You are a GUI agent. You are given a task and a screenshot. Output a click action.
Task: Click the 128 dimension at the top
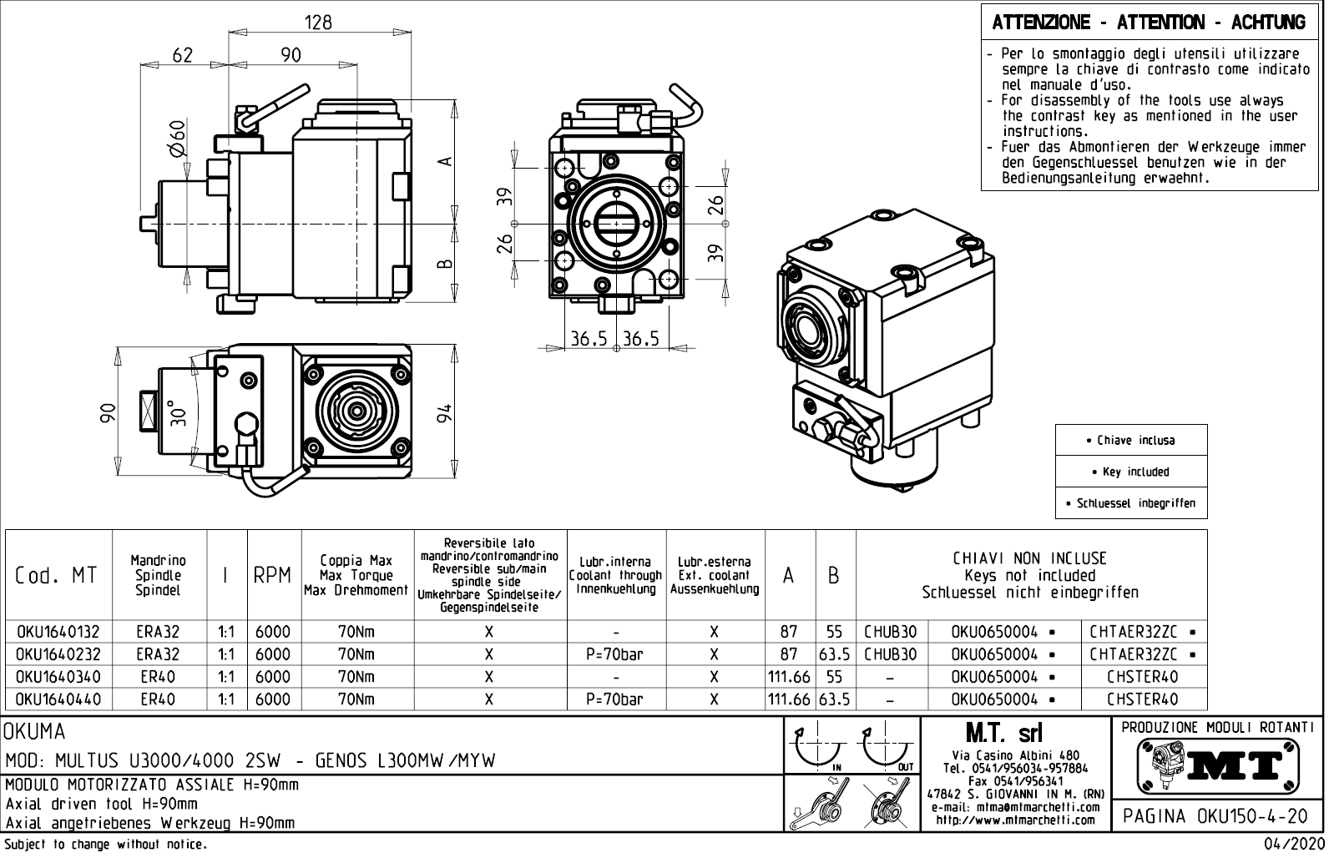pos(318,23)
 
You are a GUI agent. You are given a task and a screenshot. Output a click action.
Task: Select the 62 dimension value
pos(182,55)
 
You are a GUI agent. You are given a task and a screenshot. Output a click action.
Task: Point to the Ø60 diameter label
pos(177,139)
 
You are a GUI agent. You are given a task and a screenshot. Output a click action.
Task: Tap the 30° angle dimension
pos(178,412)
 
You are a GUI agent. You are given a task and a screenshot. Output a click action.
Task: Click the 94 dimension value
pos(446,412)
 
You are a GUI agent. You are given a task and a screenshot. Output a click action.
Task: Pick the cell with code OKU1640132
pos(58,632)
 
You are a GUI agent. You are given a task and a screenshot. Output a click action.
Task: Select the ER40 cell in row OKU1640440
pos(158,699)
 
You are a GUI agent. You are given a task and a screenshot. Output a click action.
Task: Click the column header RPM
pos(272,575)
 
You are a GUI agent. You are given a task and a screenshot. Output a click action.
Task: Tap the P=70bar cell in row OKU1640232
pos(615,654)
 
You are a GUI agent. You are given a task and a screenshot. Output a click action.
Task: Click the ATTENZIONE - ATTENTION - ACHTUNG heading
pos(1149,23)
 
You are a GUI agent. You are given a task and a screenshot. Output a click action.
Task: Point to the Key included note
pos(1131,472)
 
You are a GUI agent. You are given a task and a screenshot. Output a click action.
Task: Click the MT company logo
pos(1218,765)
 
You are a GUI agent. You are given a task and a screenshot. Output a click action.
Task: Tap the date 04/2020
pos(1294,845)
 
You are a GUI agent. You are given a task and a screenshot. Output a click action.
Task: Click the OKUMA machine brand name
pos(35,732)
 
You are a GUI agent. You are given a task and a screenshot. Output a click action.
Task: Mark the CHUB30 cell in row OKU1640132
pos(891,632)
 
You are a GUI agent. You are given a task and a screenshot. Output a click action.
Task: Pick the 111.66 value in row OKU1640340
pos(789,677)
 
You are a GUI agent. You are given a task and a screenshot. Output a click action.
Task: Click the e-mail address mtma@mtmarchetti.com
pos(1015,808)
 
